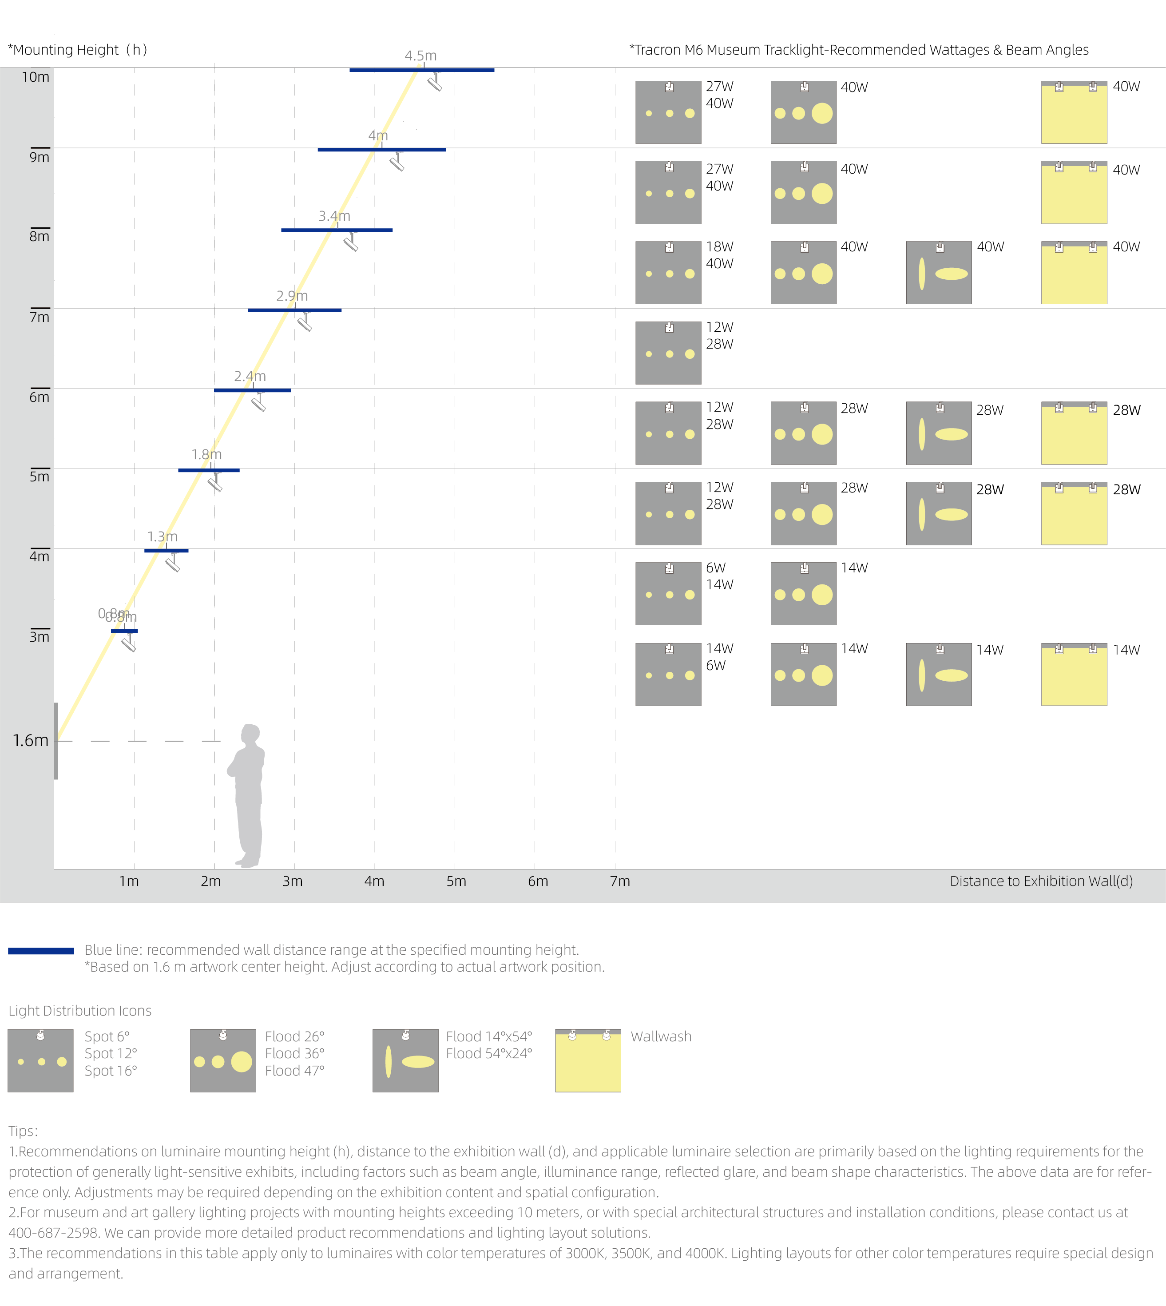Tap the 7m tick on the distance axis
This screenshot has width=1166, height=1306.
pos(619,881)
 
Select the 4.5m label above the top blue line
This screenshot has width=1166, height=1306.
pos(420,56)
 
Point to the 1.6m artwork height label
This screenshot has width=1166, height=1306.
pos(31,740)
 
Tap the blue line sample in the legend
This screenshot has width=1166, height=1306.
pos(41,951)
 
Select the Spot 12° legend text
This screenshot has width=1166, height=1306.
pos(111,1053)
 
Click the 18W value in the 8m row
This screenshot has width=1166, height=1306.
pos(719,247)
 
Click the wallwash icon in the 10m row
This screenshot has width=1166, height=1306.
pos(1075,112)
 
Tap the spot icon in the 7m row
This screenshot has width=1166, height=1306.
pos(668,353)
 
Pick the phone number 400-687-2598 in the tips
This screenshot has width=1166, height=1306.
pos(52,1232)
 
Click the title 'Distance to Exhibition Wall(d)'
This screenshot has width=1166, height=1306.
pos(1041,881)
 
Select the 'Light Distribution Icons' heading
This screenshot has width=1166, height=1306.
pos(80,1011)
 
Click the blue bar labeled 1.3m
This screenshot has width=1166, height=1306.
pos(167,551)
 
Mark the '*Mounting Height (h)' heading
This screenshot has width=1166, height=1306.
pos(78,50)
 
